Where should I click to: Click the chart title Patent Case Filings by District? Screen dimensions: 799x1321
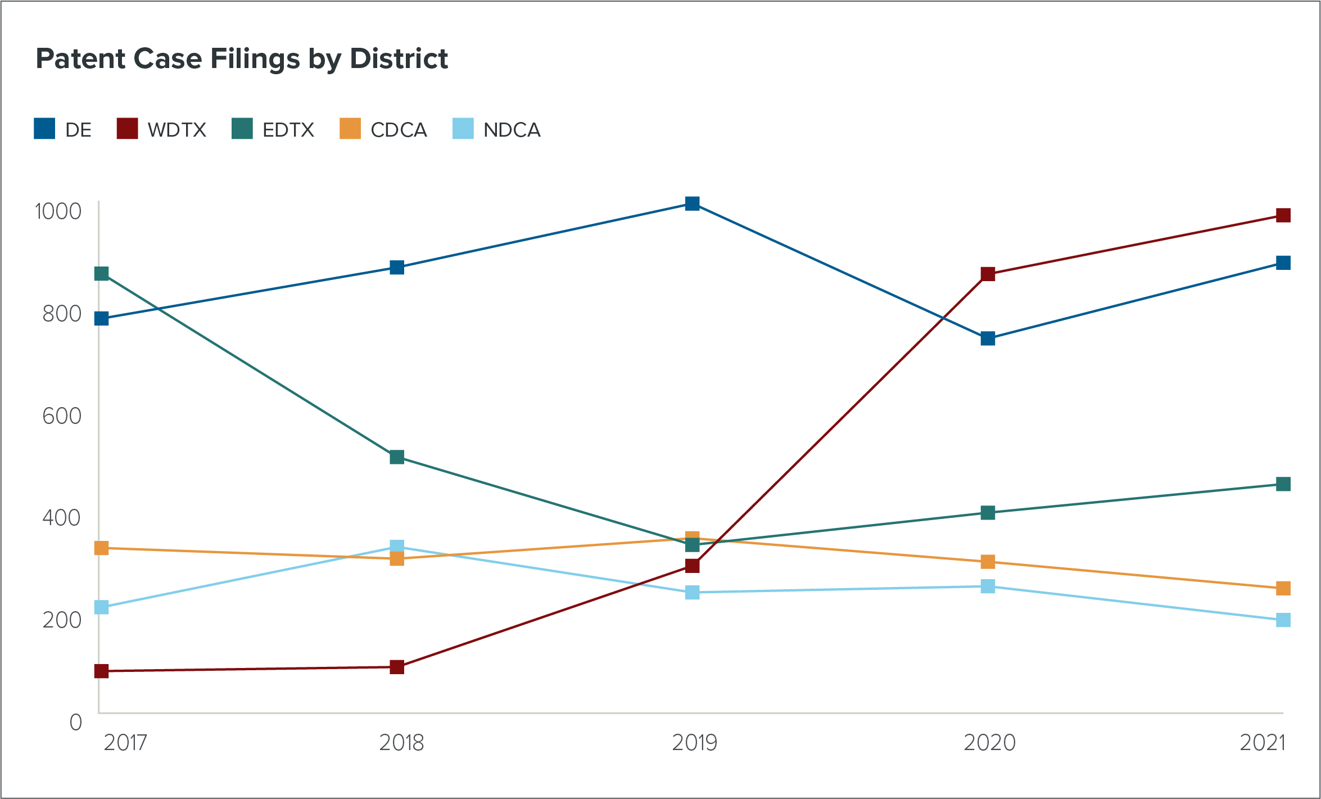tap(242, 58)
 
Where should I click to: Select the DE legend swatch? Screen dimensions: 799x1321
tap(44, 129)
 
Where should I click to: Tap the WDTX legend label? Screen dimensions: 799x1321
tap(177, 130)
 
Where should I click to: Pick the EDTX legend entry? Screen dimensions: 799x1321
tap(273, 129)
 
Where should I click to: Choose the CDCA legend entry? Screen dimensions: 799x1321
tap(384, 129)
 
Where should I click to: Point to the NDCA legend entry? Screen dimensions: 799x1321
tap(497, 129)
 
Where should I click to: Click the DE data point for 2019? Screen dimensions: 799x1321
tap(693, 204)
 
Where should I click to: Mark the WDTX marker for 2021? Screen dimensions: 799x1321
tap(1283, 215)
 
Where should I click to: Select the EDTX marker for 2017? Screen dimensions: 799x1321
tap(102, 274)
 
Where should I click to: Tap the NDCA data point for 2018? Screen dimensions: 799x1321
tap(397, 547)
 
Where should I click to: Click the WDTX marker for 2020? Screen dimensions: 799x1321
tap(988, 274)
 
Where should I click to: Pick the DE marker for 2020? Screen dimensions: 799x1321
tap(988, 338)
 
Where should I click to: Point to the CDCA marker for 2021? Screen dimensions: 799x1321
tap(1283, 589)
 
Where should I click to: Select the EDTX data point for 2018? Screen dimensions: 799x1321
tap(397, 457)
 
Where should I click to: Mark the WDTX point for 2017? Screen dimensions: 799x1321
tap(102, 671)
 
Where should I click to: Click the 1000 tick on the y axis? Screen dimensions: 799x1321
tap(58, 211)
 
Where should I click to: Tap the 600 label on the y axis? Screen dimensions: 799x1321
tap(62, 416)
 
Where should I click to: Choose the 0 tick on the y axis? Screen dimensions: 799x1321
tap(75, 722)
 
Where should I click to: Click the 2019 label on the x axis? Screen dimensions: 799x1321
tap(695, 743)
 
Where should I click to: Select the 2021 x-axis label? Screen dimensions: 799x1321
tap(1263, 743)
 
